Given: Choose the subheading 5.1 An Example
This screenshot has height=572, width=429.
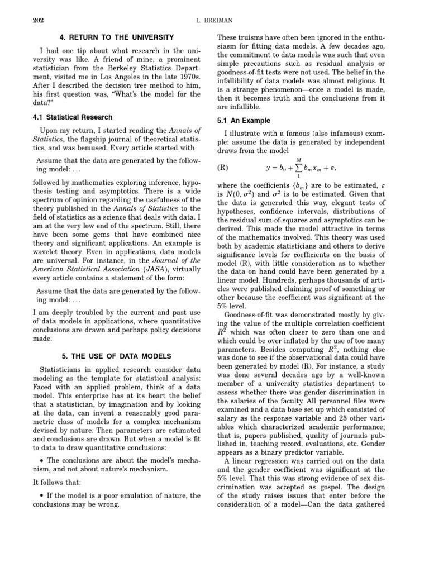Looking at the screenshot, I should click(x=243, y=121).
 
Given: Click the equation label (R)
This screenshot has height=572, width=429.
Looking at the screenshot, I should click(x=223, y=167).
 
